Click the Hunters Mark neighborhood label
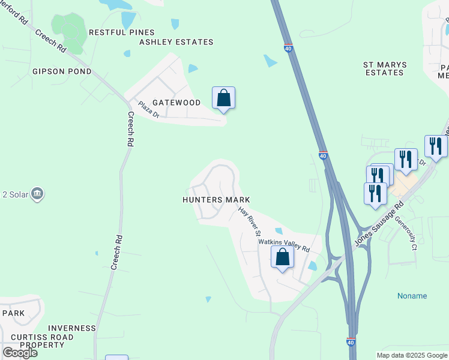pyautogui.click(x=216, y=200)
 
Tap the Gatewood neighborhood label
pyautogui.click(x=176, y=103)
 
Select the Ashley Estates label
pyautogui.click(x=176, y=42)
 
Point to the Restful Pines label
pyautogui.click(x=121, y=32)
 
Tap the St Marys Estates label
pyautogui.click(x=385, y=68)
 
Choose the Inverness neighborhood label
pyautogui.click(x=72, y=328)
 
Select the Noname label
pyautogui.click(x=412, y=296)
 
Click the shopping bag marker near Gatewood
pyautogui.click(x=223, y=98)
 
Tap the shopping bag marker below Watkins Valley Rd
pyautogui.click(x=282, y=257)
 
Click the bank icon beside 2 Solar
pyautogui.click(x=37, y=194)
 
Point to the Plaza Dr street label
pyautogui.click(x=148, y=109)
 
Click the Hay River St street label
pyautogui.click(x=250, y=221)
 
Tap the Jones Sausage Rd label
pyautogui.click(x=379, y=223)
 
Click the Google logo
pyautogui.click(x=19, y=353)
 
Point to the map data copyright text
pyautogui.click(x=412, y=355)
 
